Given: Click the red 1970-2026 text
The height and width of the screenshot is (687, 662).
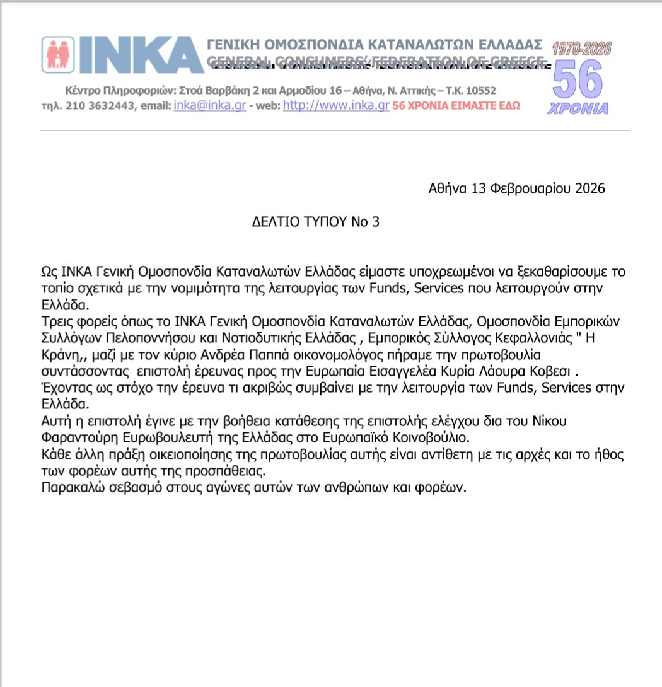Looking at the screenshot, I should (x=582, y=49).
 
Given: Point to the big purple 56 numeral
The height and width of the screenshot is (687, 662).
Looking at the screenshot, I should (x=578, y=79).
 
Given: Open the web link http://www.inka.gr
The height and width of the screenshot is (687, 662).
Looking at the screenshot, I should (x=335, y=106).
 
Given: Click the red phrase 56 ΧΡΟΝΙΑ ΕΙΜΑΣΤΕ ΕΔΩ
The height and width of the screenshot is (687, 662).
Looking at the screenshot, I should (x=456, y=107).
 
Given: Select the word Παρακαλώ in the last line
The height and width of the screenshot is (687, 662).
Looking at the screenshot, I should (x=69, y=489).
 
